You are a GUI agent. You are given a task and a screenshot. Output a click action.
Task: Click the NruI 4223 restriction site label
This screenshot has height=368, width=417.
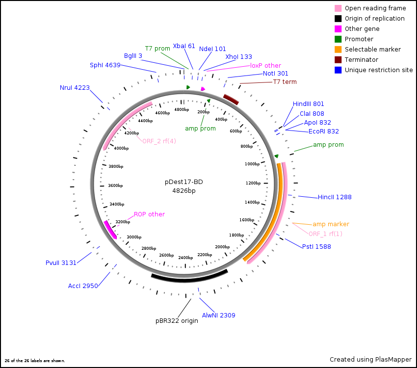pyautogui.click(x=75, y=88)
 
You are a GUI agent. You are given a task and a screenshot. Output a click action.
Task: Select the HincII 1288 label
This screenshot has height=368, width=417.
pyautogui.click(x=335, y=197)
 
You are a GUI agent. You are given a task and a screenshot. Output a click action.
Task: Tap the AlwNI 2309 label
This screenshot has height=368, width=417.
pyautogui.click(x=219, y=315)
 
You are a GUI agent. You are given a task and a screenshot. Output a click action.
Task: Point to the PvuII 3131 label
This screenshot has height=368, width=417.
pyautogui.click(x=61, y=263)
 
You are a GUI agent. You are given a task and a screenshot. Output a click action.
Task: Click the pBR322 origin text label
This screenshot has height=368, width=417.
pyautogui.click(x=177, y=321)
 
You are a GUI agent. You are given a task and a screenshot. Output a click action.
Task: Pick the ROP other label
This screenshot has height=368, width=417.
pyautogui.click(x=149, y=214)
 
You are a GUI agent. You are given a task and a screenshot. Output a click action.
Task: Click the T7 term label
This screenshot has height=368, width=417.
pyautogui.click(x=285, y=82)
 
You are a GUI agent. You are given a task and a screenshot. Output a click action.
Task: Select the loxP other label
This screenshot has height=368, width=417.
pyautogui.click(x=265, y=65)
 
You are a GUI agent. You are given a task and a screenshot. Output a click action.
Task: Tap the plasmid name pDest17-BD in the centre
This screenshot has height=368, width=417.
pyautogui.click(x=183, y=182)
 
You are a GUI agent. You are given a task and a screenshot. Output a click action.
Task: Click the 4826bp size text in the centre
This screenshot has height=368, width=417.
pyautogui.click(x=183, y=191)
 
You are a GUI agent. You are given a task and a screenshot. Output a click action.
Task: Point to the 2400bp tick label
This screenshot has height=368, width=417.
pyautogui.click(x=185, y=258)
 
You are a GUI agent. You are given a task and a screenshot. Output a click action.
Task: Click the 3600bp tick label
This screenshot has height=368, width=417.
pyautogui.click(x=116, y=186)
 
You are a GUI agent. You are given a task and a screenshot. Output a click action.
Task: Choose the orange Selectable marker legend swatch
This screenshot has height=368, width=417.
pyautogui.click(x=338, y=50)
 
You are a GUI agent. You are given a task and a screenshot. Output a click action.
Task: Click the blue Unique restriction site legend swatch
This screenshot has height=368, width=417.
pyautogui.click(x=338, y=70)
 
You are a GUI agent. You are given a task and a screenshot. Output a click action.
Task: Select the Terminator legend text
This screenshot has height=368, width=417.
pyautogui.click(x=361, y=60)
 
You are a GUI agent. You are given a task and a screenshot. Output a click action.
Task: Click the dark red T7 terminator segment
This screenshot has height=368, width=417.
pyautogui.click(x=231, y=100)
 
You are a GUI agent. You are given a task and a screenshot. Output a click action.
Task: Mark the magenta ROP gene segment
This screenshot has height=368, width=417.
pyautogui.click(x=110, y=229)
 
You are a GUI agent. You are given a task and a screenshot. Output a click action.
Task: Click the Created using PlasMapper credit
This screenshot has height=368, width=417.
pyautogui.click(x=370, y=360)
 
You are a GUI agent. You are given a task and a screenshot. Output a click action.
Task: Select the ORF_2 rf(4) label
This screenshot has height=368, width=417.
pyautogui.click(x=159, y=141)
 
